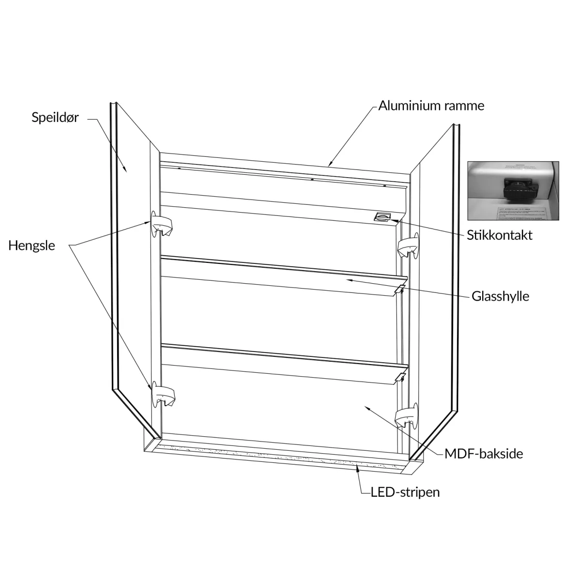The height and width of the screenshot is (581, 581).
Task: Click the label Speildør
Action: pyautogui.click(x=55, y=117)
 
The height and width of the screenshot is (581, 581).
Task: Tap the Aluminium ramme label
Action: pyautogui.click(x=431, y=106)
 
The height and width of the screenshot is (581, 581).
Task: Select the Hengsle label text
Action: pyautogui.click(x=31, y=245)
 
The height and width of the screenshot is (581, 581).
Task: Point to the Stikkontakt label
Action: pyautogui.click(x=499, y=235)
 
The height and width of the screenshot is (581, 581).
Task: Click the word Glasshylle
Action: pyautogui.click(x=500, y=296)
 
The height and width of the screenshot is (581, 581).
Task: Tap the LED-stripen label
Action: pyautogui.click(x=405, y=492)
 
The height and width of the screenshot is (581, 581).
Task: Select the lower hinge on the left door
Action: pyautogui.click(x=163, y=396)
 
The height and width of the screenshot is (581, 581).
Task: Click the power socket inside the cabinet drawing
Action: pyautogui.click(x=382, y=216)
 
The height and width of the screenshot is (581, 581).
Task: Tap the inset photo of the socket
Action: pyautogui.click(x=513, y=190)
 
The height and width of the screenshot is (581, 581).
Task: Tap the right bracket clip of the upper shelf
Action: pyautogui.click(x=400, y=289)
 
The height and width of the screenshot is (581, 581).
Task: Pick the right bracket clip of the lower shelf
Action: pyautogui.click(x=400, y=376)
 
